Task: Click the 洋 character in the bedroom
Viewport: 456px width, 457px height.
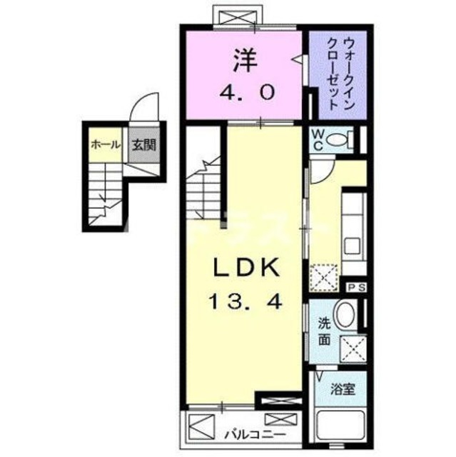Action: (x=243, y=59)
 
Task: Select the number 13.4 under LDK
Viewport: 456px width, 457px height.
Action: (x=245, y=301)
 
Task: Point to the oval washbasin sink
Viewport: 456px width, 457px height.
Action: (x=345, y=315)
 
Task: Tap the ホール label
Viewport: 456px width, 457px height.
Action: (x=104, y=144)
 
